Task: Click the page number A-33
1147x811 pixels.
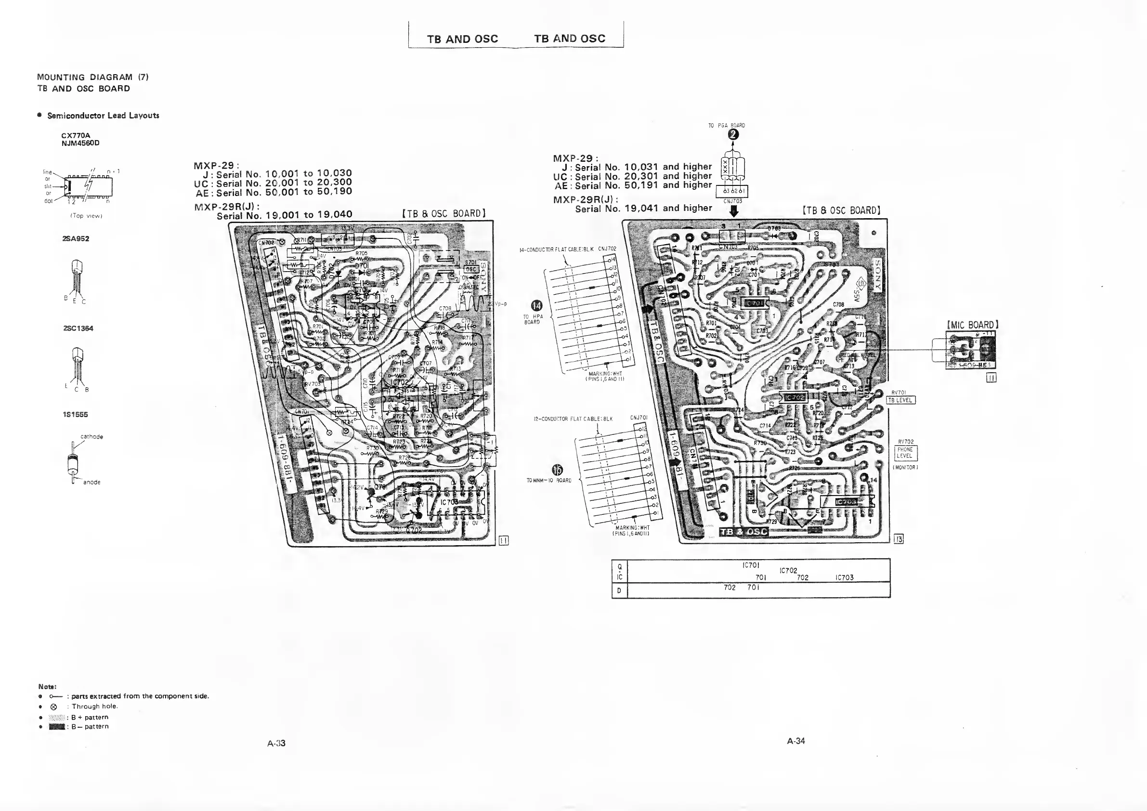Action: point(276,743)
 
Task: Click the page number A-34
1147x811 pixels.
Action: point(796,741)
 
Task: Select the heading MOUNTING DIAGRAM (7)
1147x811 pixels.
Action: point(92,77)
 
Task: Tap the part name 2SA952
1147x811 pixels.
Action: point(76,238)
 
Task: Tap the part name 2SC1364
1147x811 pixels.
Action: point(78,328)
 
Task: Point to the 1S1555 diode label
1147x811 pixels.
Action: point(76,414)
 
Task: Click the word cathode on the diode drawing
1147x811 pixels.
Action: point(91,437)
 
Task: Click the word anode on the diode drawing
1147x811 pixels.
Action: point(91,482)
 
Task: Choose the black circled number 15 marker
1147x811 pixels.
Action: point(557,470)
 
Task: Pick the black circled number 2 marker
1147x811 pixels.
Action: point(733,134)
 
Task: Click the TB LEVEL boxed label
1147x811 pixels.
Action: point(901,400)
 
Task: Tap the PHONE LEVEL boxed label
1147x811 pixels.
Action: point(905,453)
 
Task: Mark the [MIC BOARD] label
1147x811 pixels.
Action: point(972,325)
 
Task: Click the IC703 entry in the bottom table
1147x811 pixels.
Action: point(844,577)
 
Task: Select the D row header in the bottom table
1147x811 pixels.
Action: point(619,590)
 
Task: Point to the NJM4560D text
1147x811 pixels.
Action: point(80,143)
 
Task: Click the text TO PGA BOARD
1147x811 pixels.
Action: point(726,125)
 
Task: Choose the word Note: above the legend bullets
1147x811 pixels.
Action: point(48,687)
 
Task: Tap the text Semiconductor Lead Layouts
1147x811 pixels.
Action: point(103,116)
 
